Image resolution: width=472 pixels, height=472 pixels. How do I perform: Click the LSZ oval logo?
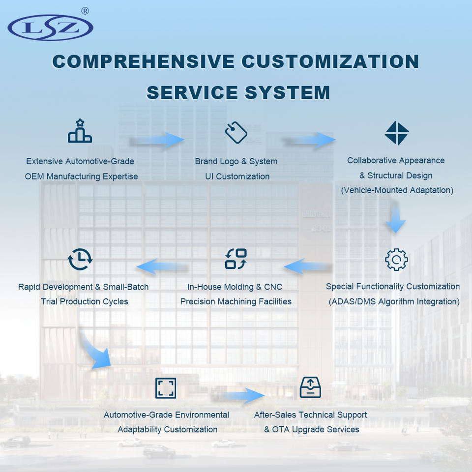click(x=50, y=28)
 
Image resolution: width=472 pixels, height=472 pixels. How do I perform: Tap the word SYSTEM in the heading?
click(x=287, y=93)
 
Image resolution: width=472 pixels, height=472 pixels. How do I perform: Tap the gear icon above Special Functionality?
click(x=396, y=260)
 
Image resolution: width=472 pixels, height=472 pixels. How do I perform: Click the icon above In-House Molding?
click(x=236, y=259)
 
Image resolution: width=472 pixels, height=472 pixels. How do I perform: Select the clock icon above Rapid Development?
click(x=80, y=259)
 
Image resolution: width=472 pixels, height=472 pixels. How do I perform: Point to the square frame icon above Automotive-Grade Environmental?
click(x=165, y=388)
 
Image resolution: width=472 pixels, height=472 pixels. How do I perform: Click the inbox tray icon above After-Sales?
click(x=310, y=387)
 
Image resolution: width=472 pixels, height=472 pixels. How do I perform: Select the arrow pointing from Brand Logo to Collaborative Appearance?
click(x=310, y=140)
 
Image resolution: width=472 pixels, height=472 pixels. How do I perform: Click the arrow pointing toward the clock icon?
click(x=162, y=266)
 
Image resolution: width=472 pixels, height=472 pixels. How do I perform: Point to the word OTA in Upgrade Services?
click(x=281, y=429)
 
